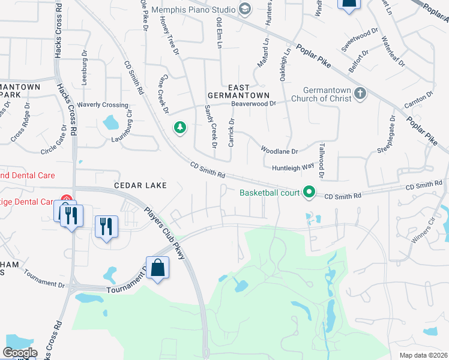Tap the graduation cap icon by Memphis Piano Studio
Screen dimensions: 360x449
(244, 8)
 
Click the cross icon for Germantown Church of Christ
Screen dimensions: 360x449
(360, 94)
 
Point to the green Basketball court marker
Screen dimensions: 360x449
(309, 192)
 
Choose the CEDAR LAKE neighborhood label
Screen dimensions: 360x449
(142, 185)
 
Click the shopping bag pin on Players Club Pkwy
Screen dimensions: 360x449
(157, 268)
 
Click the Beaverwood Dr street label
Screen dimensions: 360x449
(254, 103)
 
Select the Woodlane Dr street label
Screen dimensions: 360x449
(279, 151)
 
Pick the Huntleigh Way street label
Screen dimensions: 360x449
(293, 167)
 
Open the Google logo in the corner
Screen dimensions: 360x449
(20, 352)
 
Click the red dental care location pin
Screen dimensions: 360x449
(66, 200)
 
